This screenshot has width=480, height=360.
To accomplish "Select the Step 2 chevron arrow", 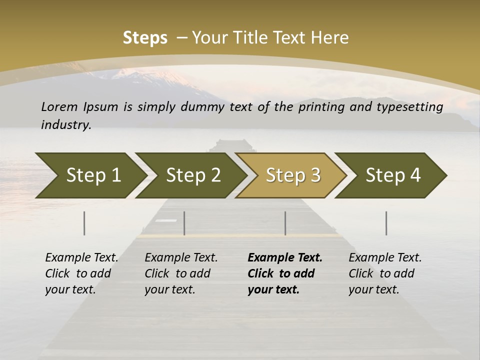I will (192, 175).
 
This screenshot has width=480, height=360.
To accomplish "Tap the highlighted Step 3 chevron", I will (292, 175).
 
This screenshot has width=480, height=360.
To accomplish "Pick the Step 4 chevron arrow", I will (392, 175).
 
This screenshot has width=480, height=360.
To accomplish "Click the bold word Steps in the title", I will (145, 38).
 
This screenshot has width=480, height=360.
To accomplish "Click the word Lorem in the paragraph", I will (59, 107).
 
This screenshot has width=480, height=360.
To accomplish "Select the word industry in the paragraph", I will (65, 125).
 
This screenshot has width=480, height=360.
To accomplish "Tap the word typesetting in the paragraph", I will (410, 107).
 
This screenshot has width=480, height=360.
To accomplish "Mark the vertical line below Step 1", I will (84, 223).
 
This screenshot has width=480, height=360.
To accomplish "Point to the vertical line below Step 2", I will (184, 223).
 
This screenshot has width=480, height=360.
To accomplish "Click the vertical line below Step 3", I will (285, 223).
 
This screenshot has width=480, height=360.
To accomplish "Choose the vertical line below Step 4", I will (386, 223).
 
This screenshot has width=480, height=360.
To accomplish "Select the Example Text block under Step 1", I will (81, 273).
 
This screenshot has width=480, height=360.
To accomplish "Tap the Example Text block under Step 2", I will (181, 273).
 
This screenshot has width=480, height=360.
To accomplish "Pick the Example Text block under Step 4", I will (385, 273).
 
